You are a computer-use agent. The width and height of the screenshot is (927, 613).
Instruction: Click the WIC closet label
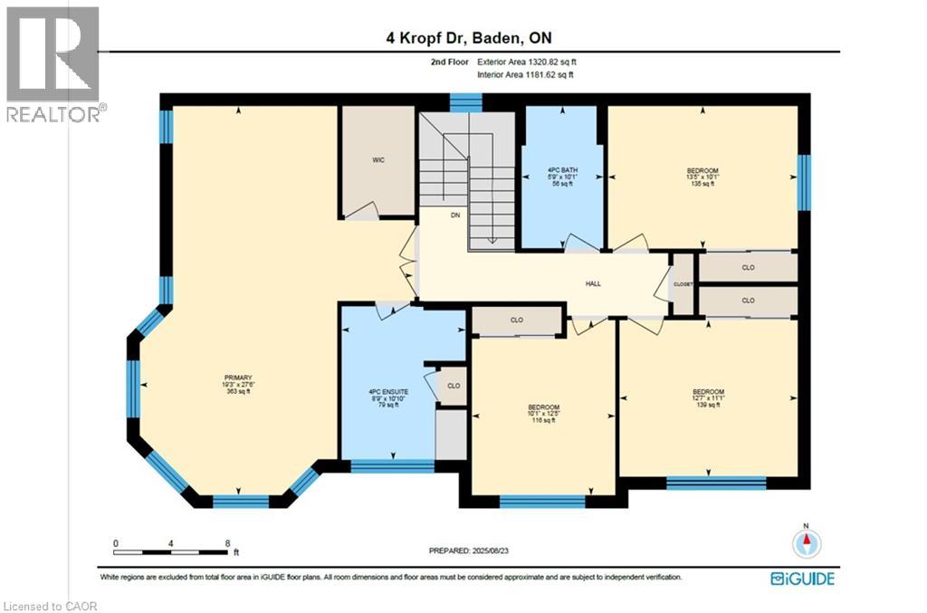click(x=378, y=160)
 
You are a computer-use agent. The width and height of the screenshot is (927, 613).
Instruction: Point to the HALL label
click(x=593, y=283)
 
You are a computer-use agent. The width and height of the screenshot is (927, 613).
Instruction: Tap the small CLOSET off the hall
click(x=683, y=284)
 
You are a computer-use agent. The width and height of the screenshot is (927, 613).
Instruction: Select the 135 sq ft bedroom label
click(x=702, y=177)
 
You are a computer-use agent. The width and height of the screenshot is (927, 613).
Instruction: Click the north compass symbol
click(x=806, y=541)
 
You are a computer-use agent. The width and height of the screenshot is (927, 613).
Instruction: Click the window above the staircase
click(x=466, y=101)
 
